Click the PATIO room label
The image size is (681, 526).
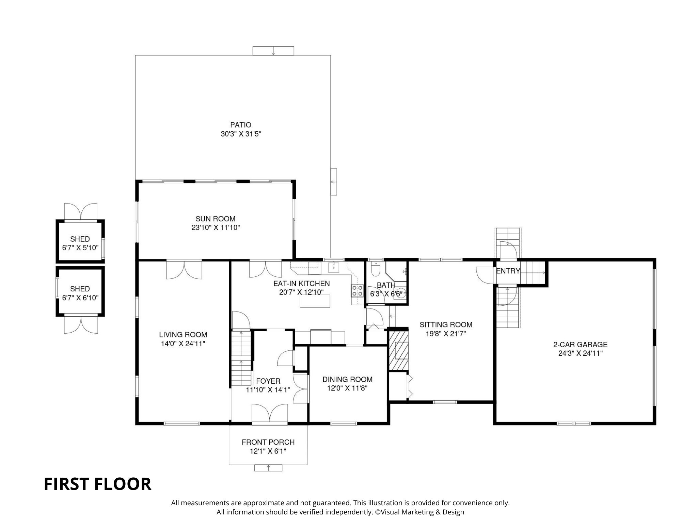241,125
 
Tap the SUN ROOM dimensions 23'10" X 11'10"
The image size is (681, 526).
216,228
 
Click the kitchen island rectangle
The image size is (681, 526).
315,301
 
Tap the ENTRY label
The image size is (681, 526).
508,271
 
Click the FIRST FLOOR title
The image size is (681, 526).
98,484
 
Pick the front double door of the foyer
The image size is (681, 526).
270,414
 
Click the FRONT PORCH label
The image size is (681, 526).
268,442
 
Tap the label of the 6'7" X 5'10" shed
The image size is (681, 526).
80,239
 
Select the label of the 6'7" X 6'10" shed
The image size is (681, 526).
80,289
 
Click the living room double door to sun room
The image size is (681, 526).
184,270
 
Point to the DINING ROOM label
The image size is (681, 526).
347,379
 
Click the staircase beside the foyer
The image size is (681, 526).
241,357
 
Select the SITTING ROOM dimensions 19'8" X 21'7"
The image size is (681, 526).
446,334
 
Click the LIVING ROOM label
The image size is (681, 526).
183,335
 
